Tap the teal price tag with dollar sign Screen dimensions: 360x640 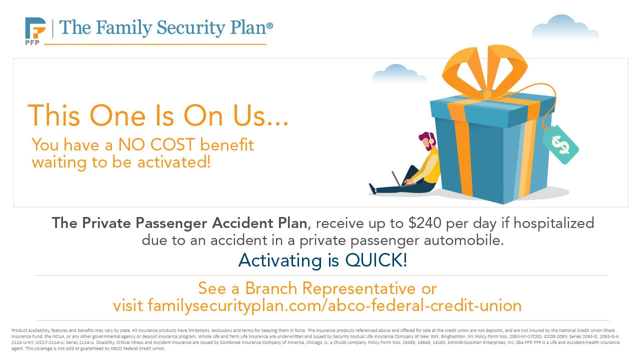point(560,144)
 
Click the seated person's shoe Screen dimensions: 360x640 point(372,188)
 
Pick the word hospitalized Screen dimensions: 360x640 point(553,223)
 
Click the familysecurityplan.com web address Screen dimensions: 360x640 point(317,305)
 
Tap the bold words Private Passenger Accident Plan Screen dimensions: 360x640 point(182,223)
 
